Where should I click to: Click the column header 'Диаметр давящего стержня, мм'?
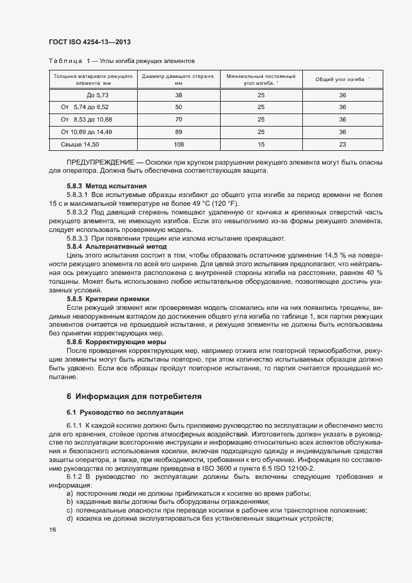[178, 79]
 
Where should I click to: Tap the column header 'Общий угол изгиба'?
[342, 79]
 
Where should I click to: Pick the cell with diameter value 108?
[178, 144]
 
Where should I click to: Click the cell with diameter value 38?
[178, 95]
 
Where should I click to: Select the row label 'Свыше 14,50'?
[80, 144]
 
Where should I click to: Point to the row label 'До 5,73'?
[97, 95]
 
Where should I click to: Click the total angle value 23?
[342, 144]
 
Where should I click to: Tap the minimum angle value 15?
[261, 144]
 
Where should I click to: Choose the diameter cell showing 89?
[178, 132]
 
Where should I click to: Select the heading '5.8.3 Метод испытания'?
[107, 186]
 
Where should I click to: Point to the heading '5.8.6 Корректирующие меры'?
[116, 342]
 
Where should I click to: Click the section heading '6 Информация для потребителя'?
[134, 396]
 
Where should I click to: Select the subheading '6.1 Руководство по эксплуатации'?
[125, 413]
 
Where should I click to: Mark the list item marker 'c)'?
[69, 511]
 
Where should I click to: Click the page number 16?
[52, 529]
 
